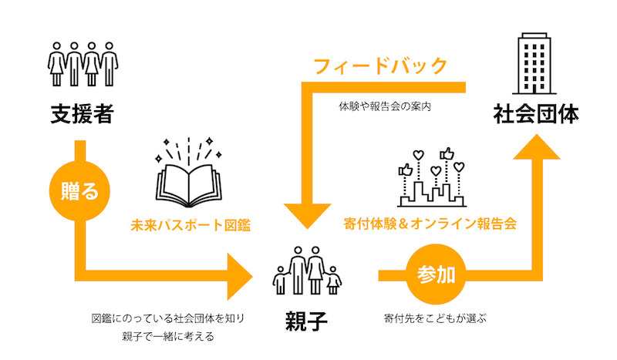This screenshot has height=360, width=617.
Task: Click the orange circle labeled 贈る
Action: tap(79, 191)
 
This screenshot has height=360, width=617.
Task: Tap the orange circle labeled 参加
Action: tap(436, 274)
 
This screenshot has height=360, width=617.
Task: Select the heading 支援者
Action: tap(83, 114)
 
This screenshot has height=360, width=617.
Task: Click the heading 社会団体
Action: tap(536, 114)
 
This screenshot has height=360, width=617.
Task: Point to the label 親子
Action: tap(306, 321)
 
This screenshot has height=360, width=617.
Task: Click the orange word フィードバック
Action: tap(380, 66)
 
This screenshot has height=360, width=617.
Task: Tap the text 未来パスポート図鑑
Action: tap(190, 225)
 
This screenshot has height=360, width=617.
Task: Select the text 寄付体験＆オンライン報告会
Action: tap(430, 224)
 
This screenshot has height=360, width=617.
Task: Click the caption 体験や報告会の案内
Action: tap(385, 106)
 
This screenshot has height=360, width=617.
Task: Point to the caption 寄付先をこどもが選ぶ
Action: tap(435, 318)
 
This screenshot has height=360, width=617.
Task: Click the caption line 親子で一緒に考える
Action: tap(168, 336)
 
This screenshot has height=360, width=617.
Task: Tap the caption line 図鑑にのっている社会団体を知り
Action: tap(168, 318)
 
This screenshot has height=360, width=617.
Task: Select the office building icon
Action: tap(534, 64)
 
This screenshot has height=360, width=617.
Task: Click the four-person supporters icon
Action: tap(83, 64)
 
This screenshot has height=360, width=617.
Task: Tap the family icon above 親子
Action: tap(307, 271)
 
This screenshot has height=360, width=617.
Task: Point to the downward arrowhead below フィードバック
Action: tap(307, 216)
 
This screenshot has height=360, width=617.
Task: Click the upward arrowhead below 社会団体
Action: tap(537, 146)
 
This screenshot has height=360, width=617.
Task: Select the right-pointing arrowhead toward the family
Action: tap(240, 276)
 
